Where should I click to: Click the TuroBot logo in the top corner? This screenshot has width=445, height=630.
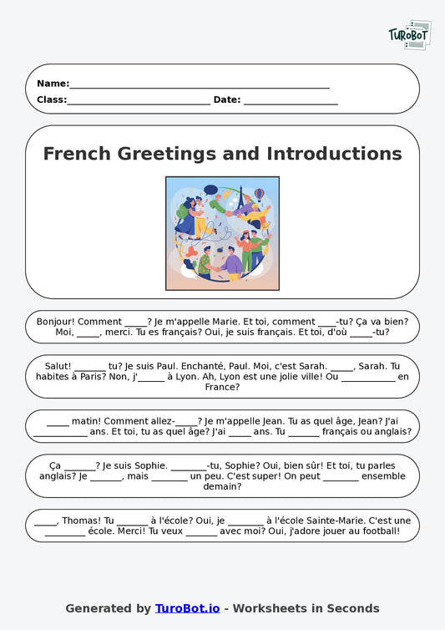(x=409, y=35)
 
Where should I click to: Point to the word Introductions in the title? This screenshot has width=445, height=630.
(x=334, y=154)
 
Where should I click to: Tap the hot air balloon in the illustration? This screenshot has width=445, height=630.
(x=260, y=194)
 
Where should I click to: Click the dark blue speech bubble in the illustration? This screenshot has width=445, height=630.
(x=210, y=191)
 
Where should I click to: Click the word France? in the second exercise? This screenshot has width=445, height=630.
(x=223, y=387)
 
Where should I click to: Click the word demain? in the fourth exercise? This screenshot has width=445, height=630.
(x=222, y=486)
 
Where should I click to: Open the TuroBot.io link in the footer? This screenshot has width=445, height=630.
(x=187, y=608)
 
